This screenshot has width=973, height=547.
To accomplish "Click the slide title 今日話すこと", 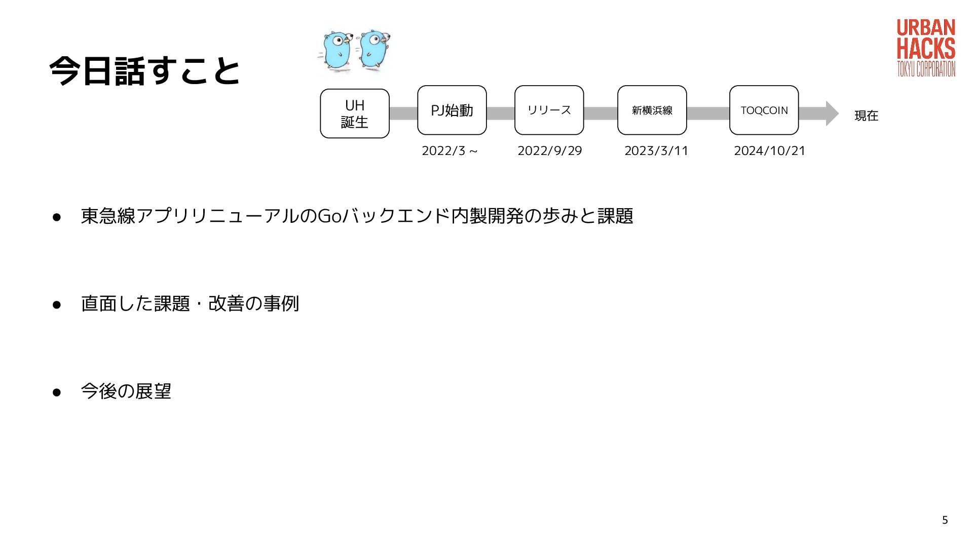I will (x=144, y=70).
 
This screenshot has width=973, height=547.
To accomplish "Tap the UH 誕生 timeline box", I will (x=355, y=113).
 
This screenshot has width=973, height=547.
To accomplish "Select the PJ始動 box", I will (x=452, y=110).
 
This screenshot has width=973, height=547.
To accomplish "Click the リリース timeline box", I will (x=549, y=110).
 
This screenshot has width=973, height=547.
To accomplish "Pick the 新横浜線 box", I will (x=652, y=110).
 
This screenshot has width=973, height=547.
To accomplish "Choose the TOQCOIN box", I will (x=764, y=110).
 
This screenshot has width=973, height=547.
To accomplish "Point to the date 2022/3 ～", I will (x=450, y=151).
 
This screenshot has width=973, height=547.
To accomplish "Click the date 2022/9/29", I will (x=550, y=151).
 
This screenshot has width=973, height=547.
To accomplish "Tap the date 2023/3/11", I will (x=656, y=151).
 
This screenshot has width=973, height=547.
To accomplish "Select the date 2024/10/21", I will (x=770, y=151).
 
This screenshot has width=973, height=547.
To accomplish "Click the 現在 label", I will (x=867, y=116).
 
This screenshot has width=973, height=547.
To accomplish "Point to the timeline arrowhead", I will (x=832, y=113).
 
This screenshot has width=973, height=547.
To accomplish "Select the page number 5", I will (x=945, y=520).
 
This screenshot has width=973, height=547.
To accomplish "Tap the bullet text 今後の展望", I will (x=126, y=391).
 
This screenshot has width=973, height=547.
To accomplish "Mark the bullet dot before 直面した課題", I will (x=57, y=304).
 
